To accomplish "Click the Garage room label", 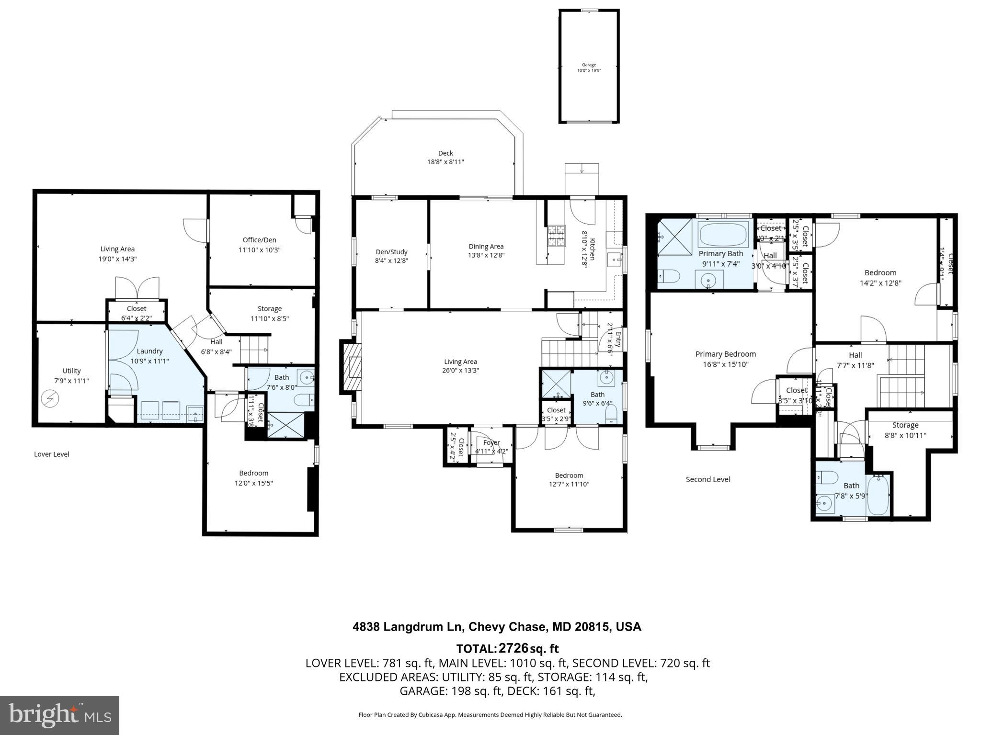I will tap(589, 65).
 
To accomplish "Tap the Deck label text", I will tap(445, 153).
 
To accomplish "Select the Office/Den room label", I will tap(259, 240).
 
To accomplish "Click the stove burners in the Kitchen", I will tap(556, 236).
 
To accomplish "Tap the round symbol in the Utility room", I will tap(50, 398).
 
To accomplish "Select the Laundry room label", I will tap(149, 351).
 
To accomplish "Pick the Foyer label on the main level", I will tap(491, 442).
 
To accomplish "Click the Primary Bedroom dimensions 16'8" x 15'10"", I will tap(725, 364).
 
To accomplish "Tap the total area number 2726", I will tap(513, 648).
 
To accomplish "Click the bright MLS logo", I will tap(59, 715).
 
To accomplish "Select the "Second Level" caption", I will tap(707, 479).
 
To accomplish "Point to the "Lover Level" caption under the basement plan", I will tap(52, 454).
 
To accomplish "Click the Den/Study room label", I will tap(391, 252).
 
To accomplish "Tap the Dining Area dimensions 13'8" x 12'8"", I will tap(486, 255).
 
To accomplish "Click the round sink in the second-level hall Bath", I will tap(824, 503).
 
